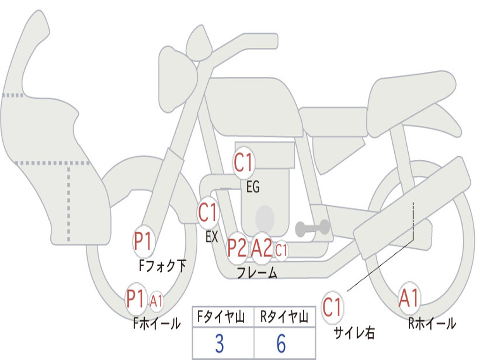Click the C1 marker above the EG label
tap(243, 162)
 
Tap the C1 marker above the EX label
tap(208, 212)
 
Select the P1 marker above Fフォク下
tap(143, 241)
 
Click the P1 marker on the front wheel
tap(135, 299)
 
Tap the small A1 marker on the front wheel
tap(156, 301)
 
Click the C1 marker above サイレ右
tap(332, 307)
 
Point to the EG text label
tap(253, 187)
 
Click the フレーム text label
tap(257, 272)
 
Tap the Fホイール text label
tap(157, 323)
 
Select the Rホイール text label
tap(432, 323)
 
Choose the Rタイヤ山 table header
tap(285, 317)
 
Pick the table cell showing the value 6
tap(285, 343)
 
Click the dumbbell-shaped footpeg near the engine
tap(312, 228)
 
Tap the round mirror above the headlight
tap(199, 44)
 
